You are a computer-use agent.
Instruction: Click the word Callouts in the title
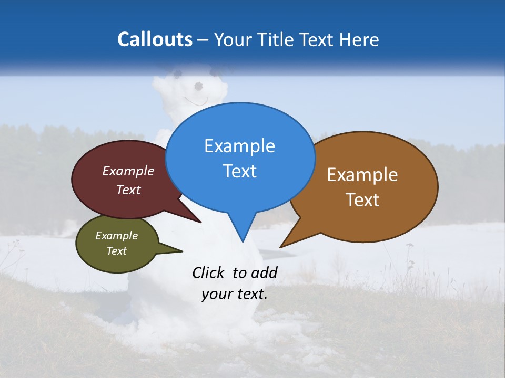(x=155, y=39)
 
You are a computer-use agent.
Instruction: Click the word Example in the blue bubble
(x=240, y=146)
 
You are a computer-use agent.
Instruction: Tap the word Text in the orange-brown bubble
(x=362, y=200)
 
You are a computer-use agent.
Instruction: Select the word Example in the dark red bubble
(x=128, y=171)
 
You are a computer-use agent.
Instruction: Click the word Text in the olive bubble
(x=117, y=251)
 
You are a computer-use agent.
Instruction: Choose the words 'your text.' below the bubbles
(x=235, y=294)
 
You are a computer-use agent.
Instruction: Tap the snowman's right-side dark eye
(x=198, y=86)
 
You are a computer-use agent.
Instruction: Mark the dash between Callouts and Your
(x=204, y=40)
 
